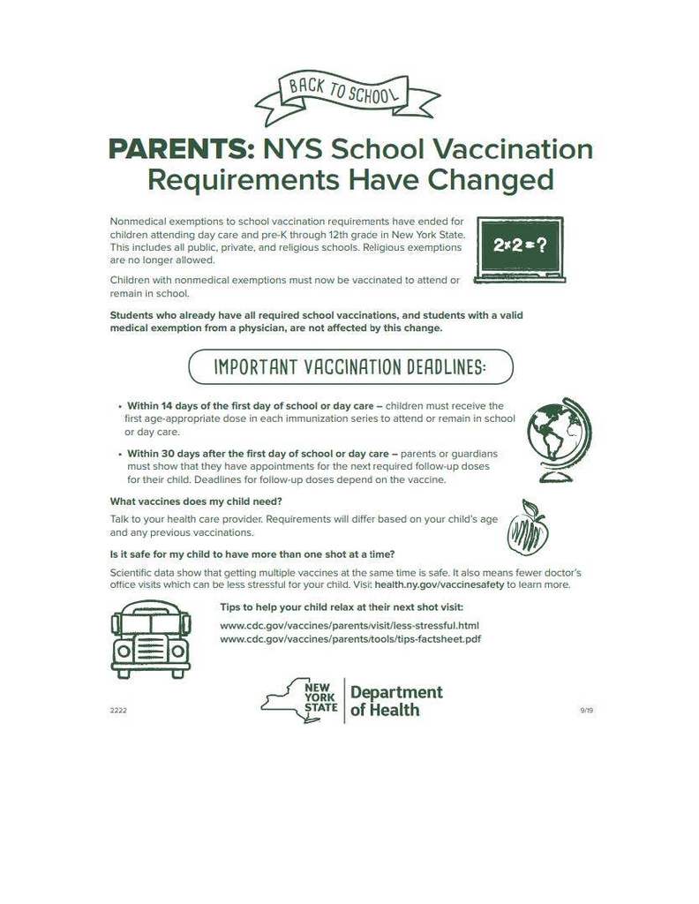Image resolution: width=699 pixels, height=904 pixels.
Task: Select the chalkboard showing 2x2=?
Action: pyautogui.click(x=520, y=249)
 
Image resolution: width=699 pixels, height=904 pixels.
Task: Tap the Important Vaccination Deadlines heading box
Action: pyautogui.click(x=349, y=366)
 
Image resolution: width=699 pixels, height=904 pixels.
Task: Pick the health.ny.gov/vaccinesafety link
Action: pyautogui.click(x=439, y=584)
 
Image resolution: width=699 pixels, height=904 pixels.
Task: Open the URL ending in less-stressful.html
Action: pyautogui.click(x=349, y=625)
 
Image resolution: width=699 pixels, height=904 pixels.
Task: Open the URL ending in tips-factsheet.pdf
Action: pyautogui.click(x=350, y=638)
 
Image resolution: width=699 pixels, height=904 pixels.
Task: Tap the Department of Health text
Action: pyautogui.click(x=396, y=701)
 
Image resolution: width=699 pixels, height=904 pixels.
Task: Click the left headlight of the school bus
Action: pyautogui.click(x=124, y=651)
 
